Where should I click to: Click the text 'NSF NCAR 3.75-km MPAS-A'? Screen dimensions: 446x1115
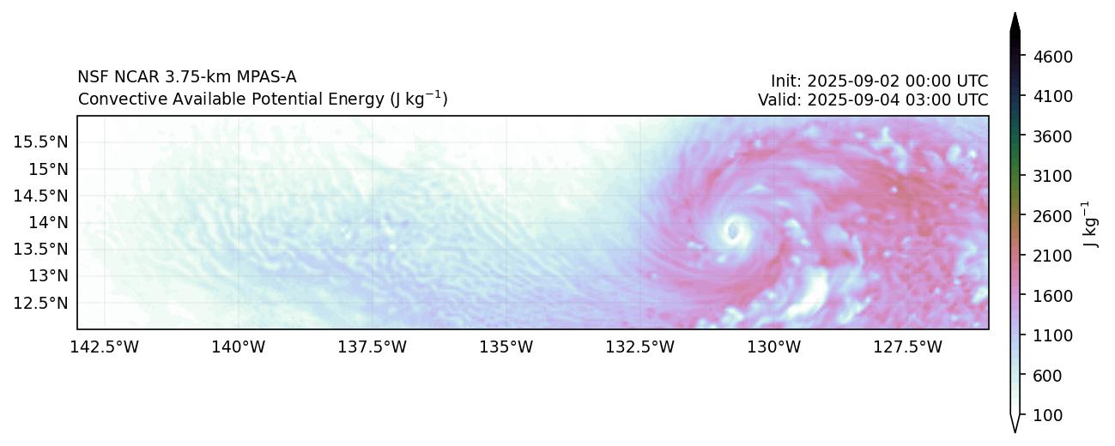coord(187,77)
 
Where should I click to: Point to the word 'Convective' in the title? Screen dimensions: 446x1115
coord(116,99)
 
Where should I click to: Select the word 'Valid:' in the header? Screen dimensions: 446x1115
coord(779,99)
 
